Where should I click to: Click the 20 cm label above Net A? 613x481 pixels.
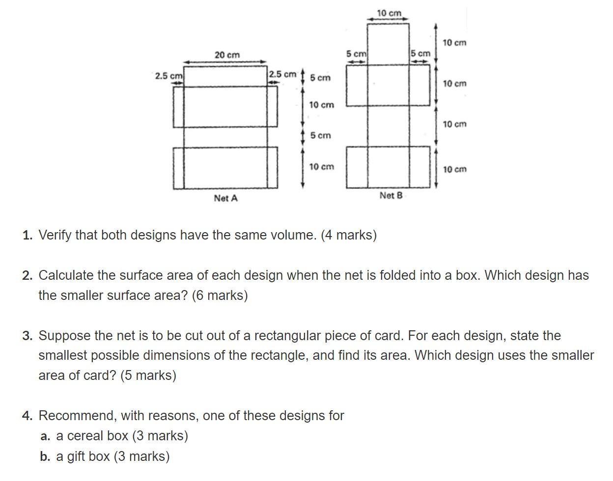click(x=227, y=55)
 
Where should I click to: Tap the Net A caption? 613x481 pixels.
click(x=225, y=198)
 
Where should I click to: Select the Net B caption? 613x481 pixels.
click(x=390, y=195)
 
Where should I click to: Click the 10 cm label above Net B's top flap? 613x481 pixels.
click(x=389, y=13)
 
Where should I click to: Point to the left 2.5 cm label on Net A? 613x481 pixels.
click(x=168, y=76)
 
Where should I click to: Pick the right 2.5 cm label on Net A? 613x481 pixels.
click(x=282, y=75)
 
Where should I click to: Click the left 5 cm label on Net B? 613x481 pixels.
click(x=356, y=53)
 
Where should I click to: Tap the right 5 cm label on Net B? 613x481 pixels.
click(x=420, y=53)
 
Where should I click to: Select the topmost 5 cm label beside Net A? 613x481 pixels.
click(x=320, y=78)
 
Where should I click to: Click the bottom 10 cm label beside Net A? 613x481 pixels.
click(x=321, y=167)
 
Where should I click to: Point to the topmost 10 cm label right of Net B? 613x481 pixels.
click(x=454, y=43)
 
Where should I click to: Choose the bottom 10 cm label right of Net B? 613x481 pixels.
click(x=454, y=169)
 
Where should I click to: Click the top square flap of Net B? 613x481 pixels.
click(x=388, y=44)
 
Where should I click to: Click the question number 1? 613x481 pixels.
click(x=27, y=235)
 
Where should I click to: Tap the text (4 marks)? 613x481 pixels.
click(x=349, y=235)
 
